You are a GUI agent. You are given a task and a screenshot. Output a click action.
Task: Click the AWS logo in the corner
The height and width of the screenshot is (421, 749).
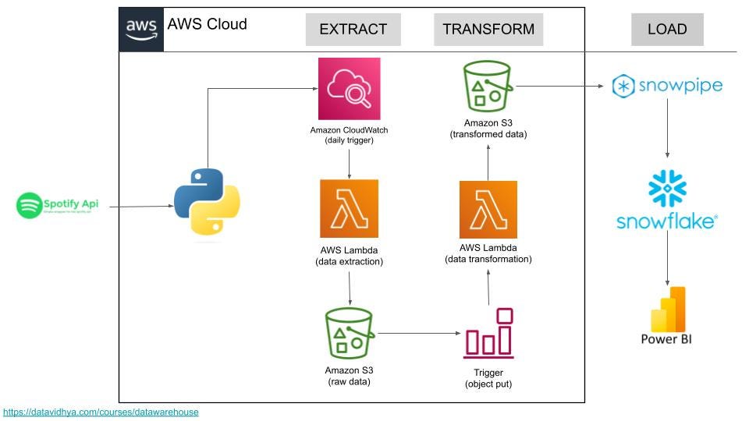pyautogui.click(x=141, y=29)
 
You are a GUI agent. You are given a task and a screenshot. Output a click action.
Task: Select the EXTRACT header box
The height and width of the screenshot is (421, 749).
pyautogui.click(x=353, y=30)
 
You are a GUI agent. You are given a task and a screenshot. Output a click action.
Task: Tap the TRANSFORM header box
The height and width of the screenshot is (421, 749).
pyautogui.click(x=488, y=30)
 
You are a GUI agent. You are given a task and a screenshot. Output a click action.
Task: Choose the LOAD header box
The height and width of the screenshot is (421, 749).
pyautogui.click(x=667, y=30)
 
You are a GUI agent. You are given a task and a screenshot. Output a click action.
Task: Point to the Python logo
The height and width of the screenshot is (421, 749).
pyautogui.click(x=207, y=201)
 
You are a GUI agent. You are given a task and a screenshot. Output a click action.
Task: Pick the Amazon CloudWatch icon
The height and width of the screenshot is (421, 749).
pyautogui.click(x=349, y=88)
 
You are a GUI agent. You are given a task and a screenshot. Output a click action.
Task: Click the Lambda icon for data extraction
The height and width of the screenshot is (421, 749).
pyautogui.click(x=349, y=208)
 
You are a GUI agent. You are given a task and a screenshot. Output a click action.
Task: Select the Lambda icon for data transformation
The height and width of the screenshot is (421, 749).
pyautogui.click(x=488, y=209)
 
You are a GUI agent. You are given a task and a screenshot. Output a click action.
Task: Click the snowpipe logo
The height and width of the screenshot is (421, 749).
pyautogui.click(x=667, y=86)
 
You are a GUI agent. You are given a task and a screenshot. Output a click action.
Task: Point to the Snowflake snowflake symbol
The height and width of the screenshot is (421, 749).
pyautogui.click(x=667, y=189)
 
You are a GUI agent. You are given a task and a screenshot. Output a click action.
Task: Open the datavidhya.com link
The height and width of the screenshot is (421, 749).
pyautogui.click(x=101, y=412)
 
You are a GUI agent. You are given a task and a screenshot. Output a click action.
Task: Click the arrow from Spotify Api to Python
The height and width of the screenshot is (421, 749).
pyautogui.click(x=140, y=207)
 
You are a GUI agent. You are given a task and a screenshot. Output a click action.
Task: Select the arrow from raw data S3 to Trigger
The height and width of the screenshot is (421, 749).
pyautogui.click(x=417, y=334)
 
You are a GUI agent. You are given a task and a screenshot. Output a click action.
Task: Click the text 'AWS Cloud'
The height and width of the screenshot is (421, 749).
pyautogui.click(x=208, y=24)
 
